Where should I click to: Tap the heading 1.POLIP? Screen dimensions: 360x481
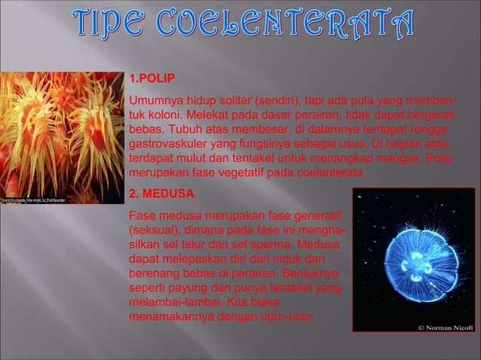click(x=154, y=79)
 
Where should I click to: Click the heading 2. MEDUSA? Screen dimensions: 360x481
click(x=161, y=194)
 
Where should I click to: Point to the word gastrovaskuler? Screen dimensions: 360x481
click(x=167, y=144)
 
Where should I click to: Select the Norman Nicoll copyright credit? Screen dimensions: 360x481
click(x=446, y=328)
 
